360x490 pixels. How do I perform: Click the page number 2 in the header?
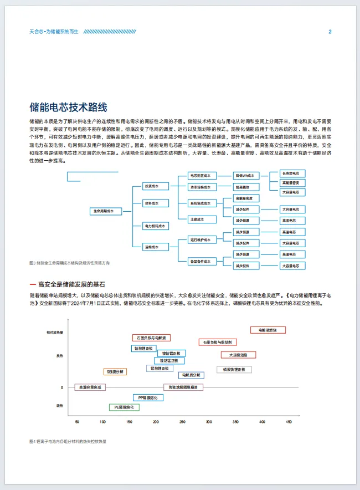[x=330, y=32]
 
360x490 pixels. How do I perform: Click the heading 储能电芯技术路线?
[x=68, y=107]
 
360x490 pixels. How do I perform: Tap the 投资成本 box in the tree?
[x=151, y=186]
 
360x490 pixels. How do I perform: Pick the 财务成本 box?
[x=151, y=203]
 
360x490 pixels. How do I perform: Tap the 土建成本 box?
[x=197, y=220]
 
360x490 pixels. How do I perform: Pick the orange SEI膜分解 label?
[x=115, y=371]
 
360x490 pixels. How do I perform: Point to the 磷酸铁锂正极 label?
[x=234, y=369]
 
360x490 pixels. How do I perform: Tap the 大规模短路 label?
[x=238, y=355]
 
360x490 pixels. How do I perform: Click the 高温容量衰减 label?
[x=90, y=387]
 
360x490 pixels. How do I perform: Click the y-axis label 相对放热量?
[x=55, y=333]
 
